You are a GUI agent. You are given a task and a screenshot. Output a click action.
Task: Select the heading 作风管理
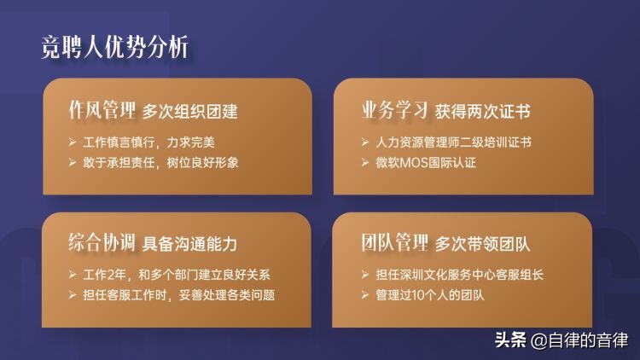102,111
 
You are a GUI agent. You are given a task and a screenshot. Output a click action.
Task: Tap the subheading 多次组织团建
189,112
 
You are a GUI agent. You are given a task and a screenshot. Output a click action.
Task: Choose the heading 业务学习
394,111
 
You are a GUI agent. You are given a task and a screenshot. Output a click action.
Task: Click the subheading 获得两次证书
483,112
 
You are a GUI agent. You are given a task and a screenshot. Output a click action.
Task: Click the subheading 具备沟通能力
189,244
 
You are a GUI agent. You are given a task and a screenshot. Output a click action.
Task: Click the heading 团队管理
394,243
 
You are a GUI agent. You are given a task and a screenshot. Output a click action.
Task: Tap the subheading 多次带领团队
483,244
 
